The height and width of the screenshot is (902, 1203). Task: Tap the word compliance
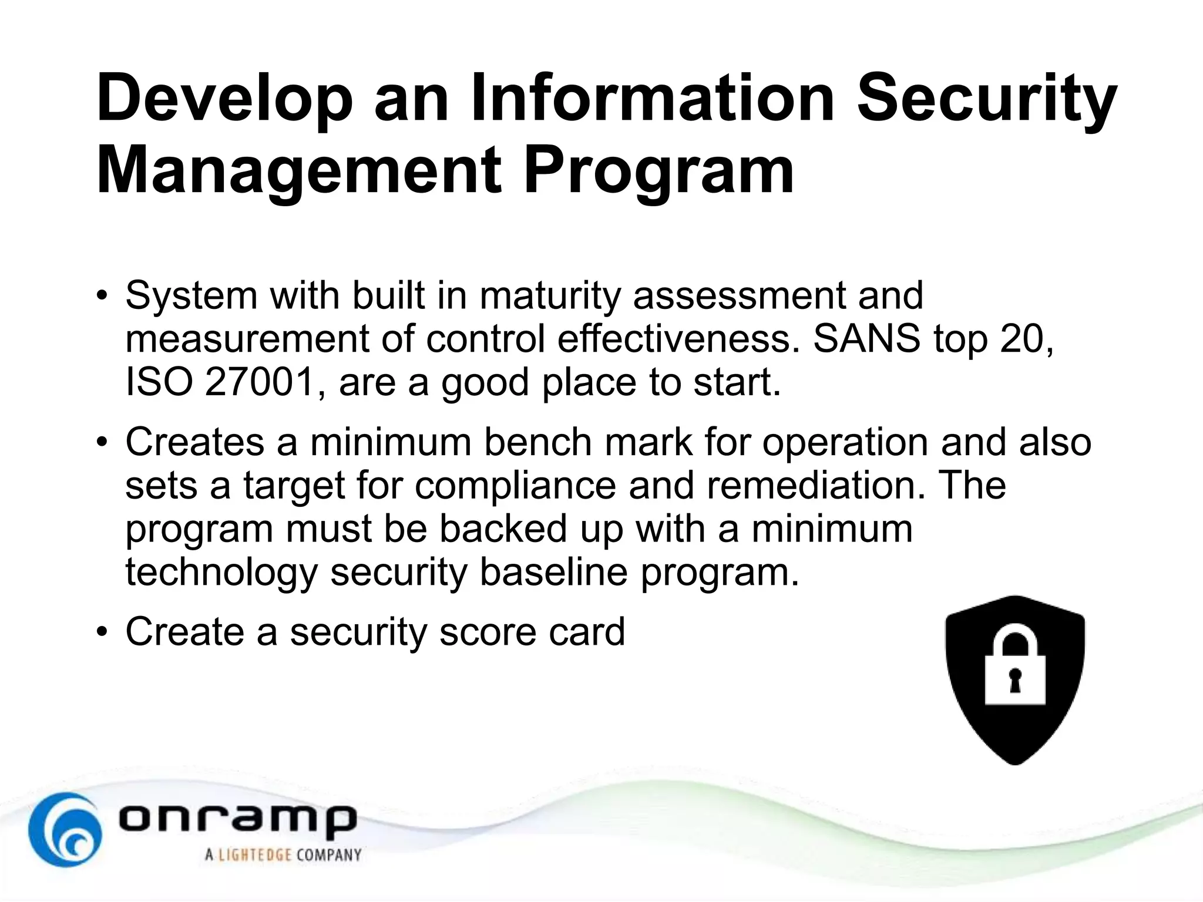point(515,485)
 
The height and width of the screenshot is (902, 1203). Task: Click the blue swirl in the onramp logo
point(65,829)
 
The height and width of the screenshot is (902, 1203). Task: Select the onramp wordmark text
point(237,819)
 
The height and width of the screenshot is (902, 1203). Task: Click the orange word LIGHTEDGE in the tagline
point(255,854)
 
